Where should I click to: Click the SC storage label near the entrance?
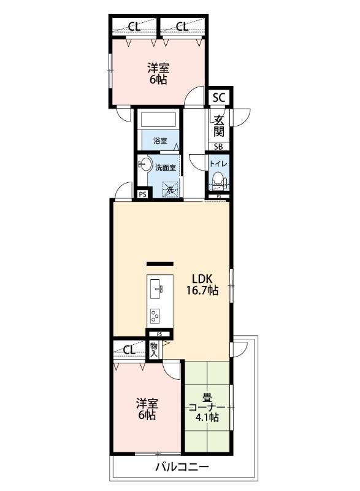(218, 98)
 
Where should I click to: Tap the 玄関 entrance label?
(219, 126)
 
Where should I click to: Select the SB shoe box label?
(218, 146)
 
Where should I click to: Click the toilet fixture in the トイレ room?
(218, 181)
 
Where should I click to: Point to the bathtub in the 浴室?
(158, 120)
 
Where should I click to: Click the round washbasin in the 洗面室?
(144, 164)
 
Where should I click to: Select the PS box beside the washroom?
(143, 194)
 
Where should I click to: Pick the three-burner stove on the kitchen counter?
(155, 316)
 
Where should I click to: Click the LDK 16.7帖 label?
(202, 284)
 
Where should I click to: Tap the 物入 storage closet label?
(154, 350)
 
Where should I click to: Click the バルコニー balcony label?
(182, 468)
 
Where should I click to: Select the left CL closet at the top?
(134, 26)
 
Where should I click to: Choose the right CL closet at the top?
(182, 26)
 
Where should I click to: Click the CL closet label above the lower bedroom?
(129, 350)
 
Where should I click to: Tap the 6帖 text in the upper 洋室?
(158, 80)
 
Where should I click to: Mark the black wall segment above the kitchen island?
(160, 264)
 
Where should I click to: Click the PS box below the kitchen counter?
(159, 334)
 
